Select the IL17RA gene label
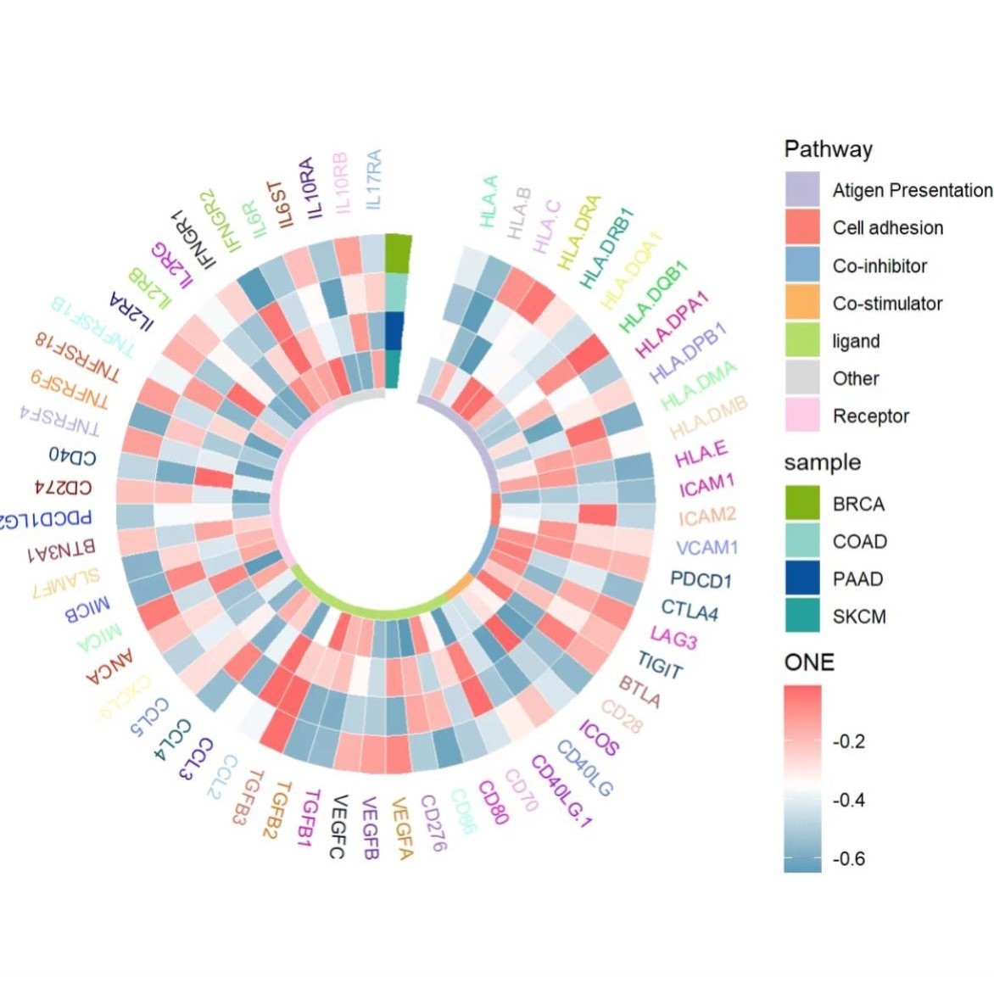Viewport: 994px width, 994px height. [373, 180]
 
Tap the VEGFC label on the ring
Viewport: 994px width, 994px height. [338, 827]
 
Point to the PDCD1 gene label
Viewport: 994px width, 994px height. [701, 580]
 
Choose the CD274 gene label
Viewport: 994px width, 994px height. [63, 488]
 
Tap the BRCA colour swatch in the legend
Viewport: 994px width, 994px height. [801, 504]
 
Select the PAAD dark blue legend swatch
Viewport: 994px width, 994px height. [801, 579]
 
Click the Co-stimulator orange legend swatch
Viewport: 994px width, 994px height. [801, 303]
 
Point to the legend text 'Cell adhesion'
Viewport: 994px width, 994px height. [887, 228]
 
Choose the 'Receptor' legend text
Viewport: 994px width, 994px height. [870, 416]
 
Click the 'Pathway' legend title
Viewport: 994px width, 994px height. [828, 150]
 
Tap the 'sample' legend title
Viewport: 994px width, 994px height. [822, 463]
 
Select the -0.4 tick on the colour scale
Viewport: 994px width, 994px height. [848, 800]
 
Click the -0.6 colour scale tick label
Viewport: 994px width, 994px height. [848, 859]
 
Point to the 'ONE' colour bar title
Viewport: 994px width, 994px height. [809, 662]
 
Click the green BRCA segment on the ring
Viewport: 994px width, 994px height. [398, 254]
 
